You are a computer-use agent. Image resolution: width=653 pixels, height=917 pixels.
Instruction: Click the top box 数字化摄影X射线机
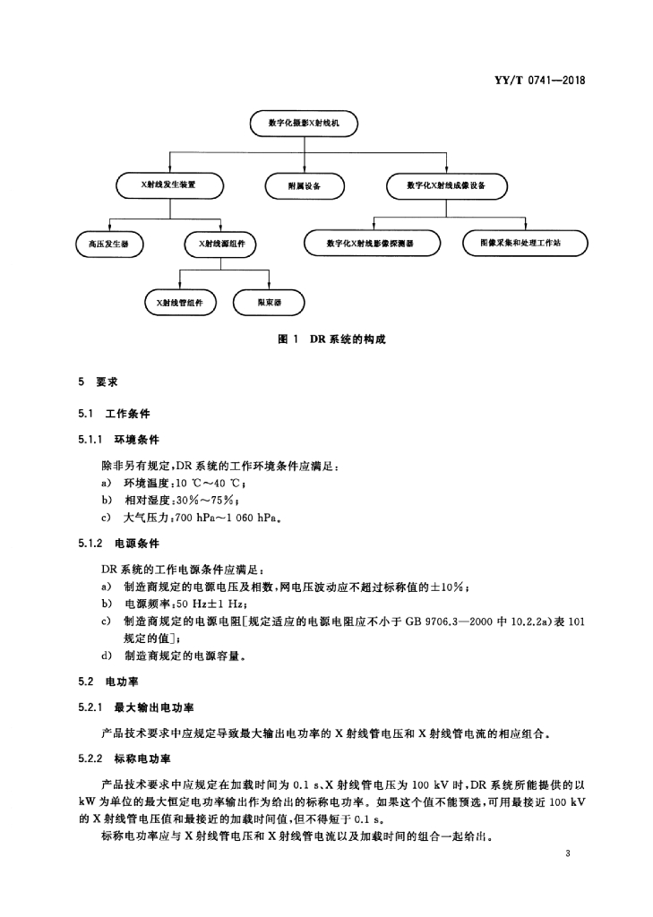click(x=304, y=124)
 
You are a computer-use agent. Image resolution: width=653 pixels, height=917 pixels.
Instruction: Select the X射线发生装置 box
click(x=169, y=185)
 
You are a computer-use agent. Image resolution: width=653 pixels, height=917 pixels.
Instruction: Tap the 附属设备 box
click(x=305, y=186)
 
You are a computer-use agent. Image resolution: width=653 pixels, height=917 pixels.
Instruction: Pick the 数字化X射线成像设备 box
click(x=446, y=186)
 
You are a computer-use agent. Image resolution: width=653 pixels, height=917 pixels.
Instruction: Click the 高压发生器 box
click(x=109, y=244)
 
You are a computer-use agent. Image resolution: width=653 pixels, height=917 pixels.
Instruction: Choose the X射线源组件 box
click(x=220, y=244)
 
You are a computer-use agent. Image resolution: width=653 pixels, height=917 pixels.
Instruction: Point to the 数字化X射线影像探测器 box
click(x=372, y=244)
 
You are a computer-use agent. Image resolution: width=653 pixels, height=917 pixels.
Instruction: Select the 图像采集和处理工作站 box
click(x=525, y=244)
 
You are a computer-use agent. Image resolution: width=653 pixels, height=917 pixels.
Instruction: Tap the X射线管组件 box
click(x=180, y=303)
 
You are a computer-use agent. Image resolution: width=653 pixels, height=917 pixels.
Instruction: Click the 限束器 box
click(x=269, y=303)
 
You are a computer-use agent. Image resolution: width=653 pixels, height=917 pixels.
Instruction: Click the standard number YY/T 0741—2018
click(x=539, y=81)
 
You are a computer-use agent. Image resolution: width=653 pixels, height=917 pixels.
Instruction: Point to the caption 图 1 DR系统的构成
click(x=331, y=339)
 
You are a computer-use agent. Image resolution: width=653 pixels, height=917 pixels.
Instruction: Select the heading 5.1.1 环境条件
click(x=119, y=440)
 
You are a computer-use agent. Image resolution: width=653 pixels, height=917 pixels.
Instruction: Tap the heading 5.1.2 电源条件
click(x=119, y=544)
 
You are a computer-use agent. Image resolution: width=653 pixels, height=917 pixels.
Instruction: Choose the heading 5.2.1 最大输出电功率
click(x=136, y=707)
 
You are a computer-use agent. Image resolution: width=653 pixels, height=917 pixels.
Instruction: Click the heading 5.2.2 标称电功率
click(x=125, y=759)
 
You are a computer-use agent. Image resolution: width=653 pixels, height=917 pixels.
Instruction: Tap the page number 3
click(x=568, y=853)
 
